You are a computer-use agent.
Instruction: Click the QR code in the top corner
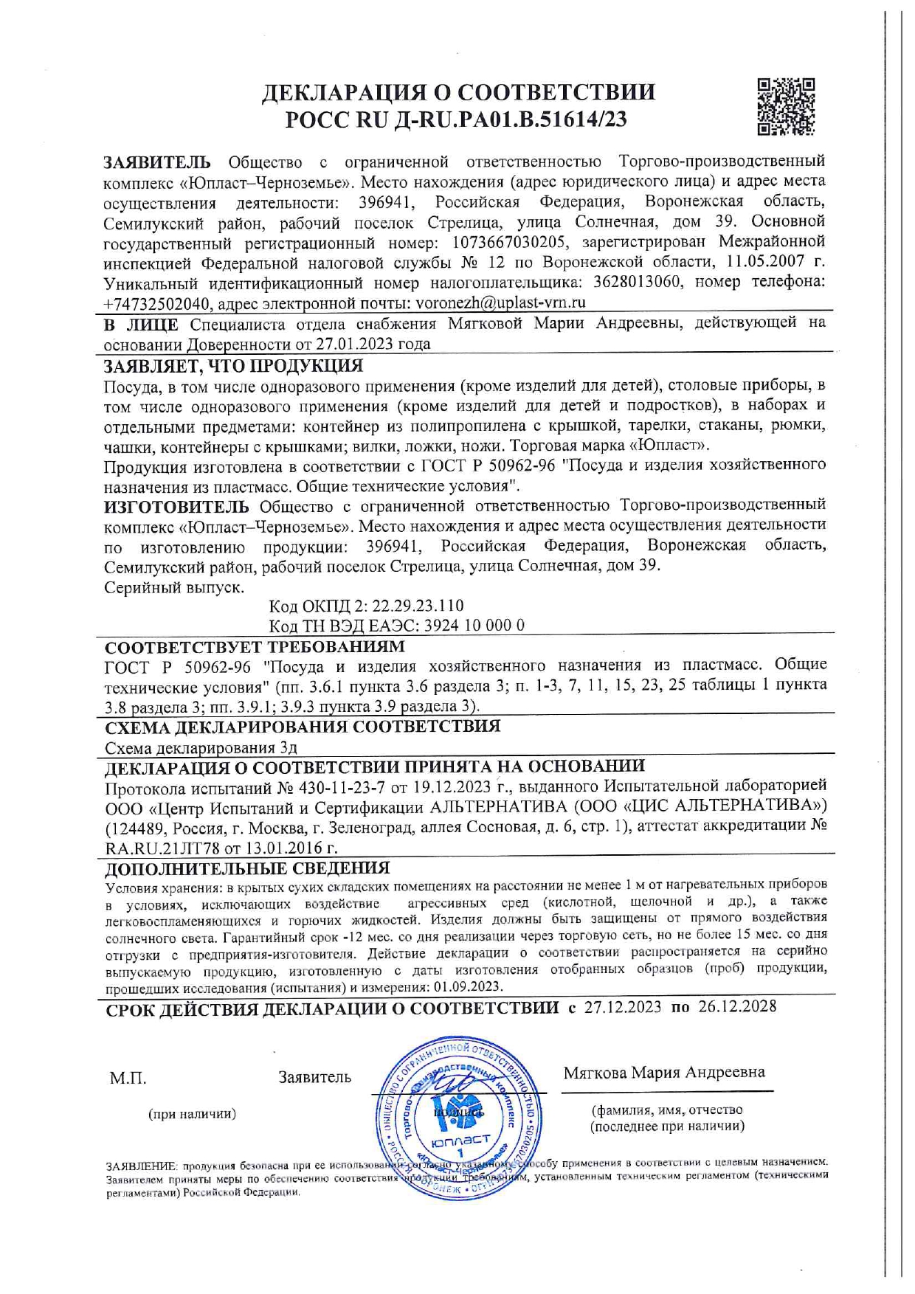786,107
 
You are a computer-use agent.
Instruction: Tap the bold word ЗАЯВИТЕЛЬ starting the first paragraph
156,162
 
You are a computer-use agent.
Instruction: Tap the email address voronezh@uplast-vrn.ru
501,302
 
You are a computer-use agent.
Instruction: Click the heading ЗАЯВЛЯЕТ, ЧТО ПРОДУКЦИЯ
233,366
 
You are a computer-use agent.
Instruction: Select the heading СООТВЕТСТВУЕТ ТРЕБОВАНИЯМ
255,647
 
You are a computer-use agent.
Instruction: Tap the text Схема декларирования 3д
201,747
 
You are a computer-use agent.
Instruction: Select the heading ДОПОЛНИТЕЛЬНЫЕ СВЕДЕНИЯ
247,868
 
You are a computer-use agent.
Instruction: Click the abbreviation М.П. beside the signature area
128,1079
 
